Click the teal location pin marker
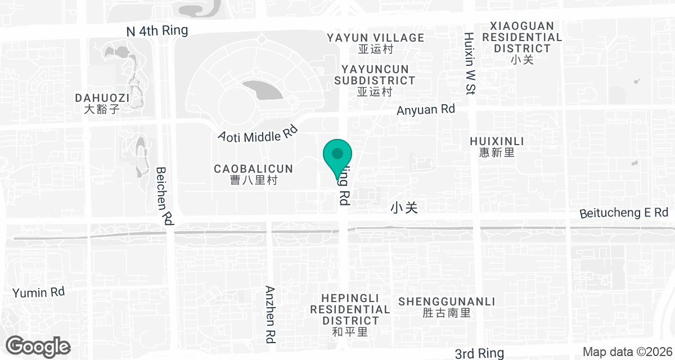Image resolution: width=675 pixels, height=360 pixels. [x=337, y=154]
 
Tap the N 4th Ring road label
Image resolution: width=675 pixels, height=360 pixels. [x=157, y=31]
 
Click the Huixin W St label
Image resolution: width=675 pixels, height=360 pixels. [x=470, y=63]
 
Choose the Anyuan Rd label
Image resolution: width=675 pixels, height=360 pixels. [x=425, y=110]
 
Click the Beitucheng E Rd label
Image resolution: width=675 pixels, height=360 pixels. [x=624, y=213]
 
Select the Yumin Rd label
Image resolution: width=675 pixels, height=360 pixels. [x=39, y=292]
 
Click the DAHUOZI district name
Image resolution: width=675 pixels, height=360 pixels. [x=102, y=103]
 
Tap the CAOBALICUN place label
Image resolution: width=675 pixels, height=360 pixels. [x=254, y=174]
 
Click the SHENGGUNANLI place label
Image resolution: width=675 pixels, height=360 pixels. [x=446, y=307]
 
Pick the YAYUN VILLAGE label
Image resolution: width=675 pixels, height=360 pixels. [x=376, y=43]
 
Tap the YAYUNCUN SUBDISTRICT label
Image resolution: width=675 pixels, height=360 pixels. [x=375, y=80]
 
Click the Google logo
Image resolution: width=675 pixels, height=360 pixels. [x=38, y=346]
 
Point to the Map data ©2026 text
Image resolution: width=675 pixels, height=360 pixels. [x=625, y=352]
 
